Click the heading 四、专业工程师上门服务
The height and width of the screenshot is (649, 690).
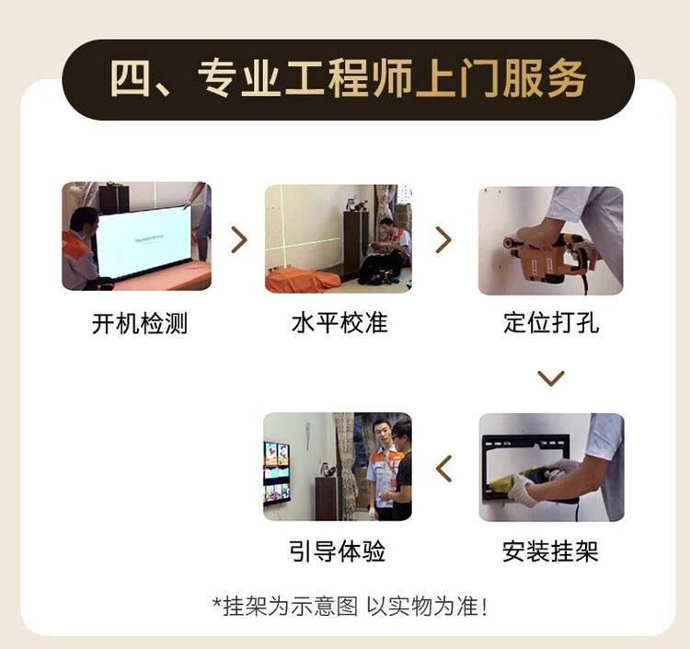(x=348, y=79)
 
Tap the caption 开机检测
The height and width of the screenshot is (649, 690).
(x=140, y=324)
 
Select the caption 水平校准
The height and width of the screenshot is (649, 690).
(x=339, y=323)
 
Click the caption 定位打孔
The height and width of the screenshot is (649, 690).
(x=551, y=323)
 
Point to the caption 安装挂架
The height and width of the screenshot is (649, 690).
(x=550, y=551)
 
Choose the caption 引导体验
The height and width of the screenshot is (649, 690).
(x=337, y=551)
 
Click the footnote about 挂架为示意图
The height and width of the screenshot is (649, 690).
(x=350, y=607)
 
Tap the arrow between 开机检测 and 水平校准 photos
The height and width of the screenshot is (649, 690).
(x=239, y=240)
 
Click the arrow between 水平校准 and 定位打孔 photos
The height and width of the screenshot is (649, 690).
(x=443, y=240)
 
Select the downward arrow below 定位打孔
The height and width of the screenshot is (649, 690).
(x=551, y=377)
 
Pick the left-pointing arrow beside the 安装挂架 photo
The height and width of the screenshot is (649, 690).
(x=443, y=469)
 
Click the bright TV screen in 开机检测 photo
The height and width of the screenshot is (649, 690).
(x=143, y=243)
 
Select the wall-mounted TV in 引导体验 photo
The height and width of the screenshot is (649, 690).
(x=277, y=472)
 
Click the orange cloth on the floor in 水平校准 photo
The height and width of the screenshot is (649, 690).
(x=303, y=280)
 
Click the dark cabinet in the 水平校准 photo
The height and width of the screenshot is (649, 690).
(x=355, y=242)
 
